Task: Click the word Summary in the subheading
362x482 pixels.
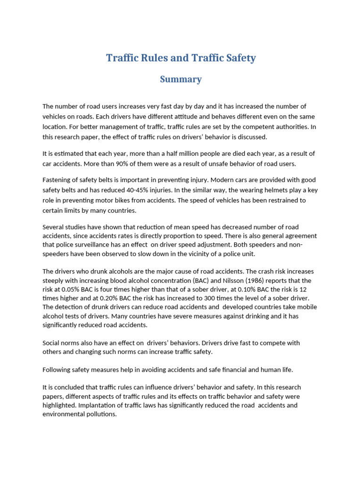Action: point(181,80)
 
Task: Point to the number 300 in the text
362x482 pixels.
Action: point(226,298)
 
